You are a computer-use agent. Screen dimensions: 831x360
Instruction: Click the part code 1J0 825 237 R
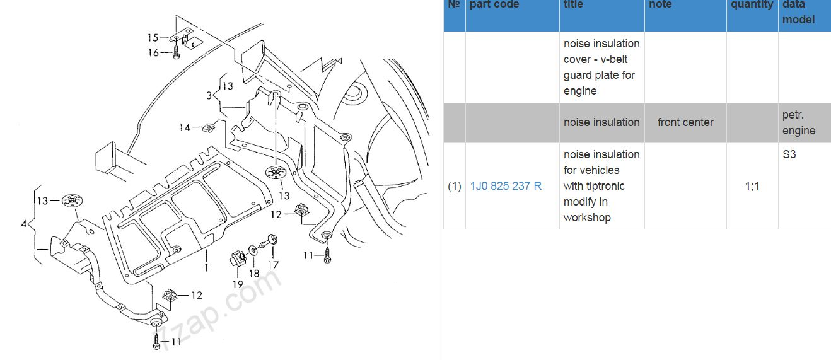point(506,186)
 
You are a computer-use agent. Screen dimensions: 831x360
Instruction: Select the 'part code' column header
point(494,4)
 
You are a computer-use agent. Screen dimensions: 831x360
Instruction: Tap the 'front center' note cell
point(685,122)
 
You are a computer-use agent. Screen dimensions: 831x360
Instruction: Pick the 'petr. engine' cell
point(799,122)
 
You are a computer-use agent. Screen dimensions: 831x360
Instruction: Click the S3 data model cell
point(789,154)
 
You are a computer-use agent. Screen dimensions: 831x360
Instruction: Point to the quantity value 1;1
point(752,186)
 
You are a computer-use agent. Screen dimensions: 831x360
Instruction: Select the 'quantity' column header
point(752,4)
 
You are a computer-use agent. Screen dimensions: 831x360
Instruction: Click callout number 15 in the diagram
point(153,37)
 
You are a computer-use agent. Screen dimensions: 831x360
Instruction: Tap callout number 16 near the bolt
point(153,53)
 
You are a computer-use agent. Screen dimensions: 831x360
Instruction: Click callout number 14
point(185,127)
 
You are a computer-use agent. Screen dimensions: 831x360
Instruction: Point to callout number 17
point(274,265)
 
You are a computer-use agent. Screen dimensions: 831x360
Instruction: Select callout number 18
point(254,274)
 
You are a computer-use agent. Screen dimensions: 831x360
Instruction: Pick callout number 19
point(238,284)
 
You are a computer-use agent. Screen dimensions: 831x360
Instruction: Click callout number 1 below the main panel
point(207,267)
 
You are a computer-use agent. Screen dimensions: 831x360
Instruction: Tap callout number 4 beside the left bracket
point(24,223)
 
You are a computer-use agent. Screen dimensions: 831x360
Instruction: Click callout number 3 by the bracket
point(209,96)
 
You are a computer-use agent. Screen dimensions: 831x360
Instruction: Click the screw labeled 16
point(177,52)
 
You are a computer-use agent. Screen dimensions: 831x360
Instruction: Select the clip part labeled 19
point(238,258)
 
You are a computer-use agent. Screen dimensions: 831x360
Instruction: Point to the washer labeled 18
point(253,250)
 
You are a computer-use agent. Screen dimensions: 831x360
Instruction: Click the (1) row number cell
point(455,186)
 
